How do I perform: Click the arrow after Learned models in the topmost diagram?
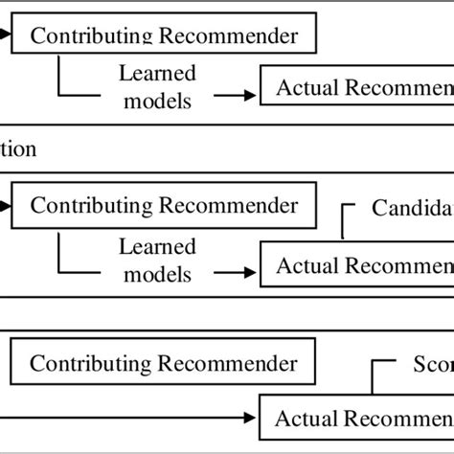[x=236, y=95]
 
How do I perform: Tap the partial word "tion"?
[x=19, y=149]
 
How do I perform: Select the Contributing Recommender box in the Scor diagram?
[x=163, y=364]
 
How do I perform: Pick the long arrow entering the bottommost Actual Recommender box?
[x=134, y=418]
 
